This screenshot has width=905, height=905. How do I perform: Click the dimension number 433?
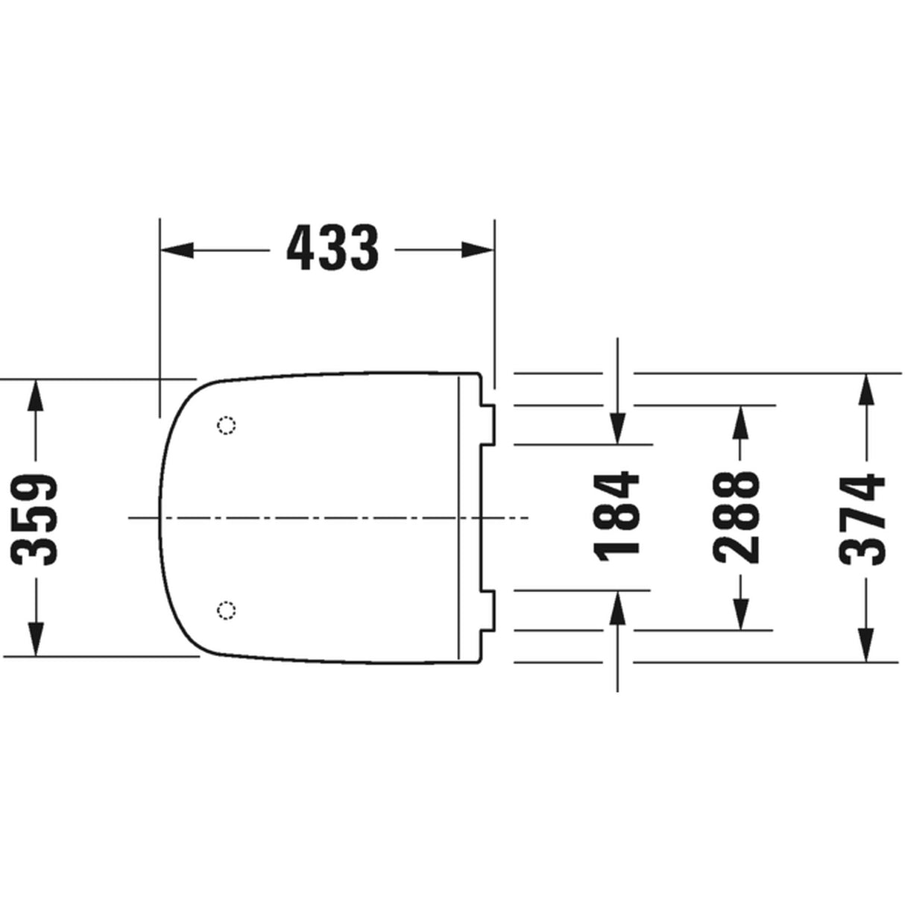pos(333,249)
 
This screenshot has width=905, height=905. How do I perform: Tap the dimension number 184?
pos(617,514)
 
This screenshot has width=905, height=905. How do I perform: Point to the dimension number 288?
pos(737,517)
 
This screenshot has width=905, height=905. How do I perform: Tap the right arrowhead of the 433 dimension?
pos(478,250)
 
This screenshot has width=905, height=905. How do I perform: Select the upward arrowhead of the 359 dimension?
pos(36,395)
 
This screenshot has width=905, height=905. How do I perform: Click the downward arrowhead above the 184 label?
pos(617,429)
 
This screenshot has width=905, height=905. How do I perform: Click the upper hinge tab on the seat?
pos(487,425)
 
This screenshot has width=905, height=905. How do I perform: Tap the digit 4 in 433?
pos(302,249)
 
